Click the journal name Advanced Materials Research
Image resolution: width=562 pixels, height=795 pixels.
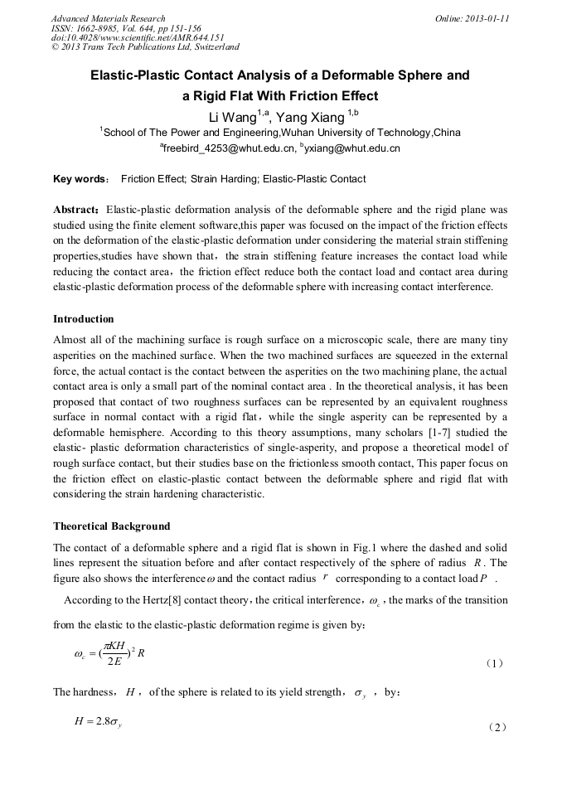point(109,18)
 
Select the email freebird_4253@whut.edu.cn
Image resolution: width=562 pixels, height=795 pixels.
point(229,149)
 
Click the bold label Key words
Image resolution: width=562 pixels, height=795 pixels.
point(80,179)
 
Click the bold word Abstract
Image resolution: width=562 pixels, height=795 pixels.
point(76,211)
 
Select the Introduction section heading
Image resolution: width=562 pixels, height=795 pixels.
point(84,319)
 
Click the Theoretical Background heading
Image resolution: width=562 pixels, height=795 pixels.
point(112,526)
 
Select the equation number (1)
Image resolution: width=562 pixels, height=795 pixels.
point(494,663)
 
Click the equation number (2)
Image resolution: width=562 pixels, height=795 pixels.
point(496,727)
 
